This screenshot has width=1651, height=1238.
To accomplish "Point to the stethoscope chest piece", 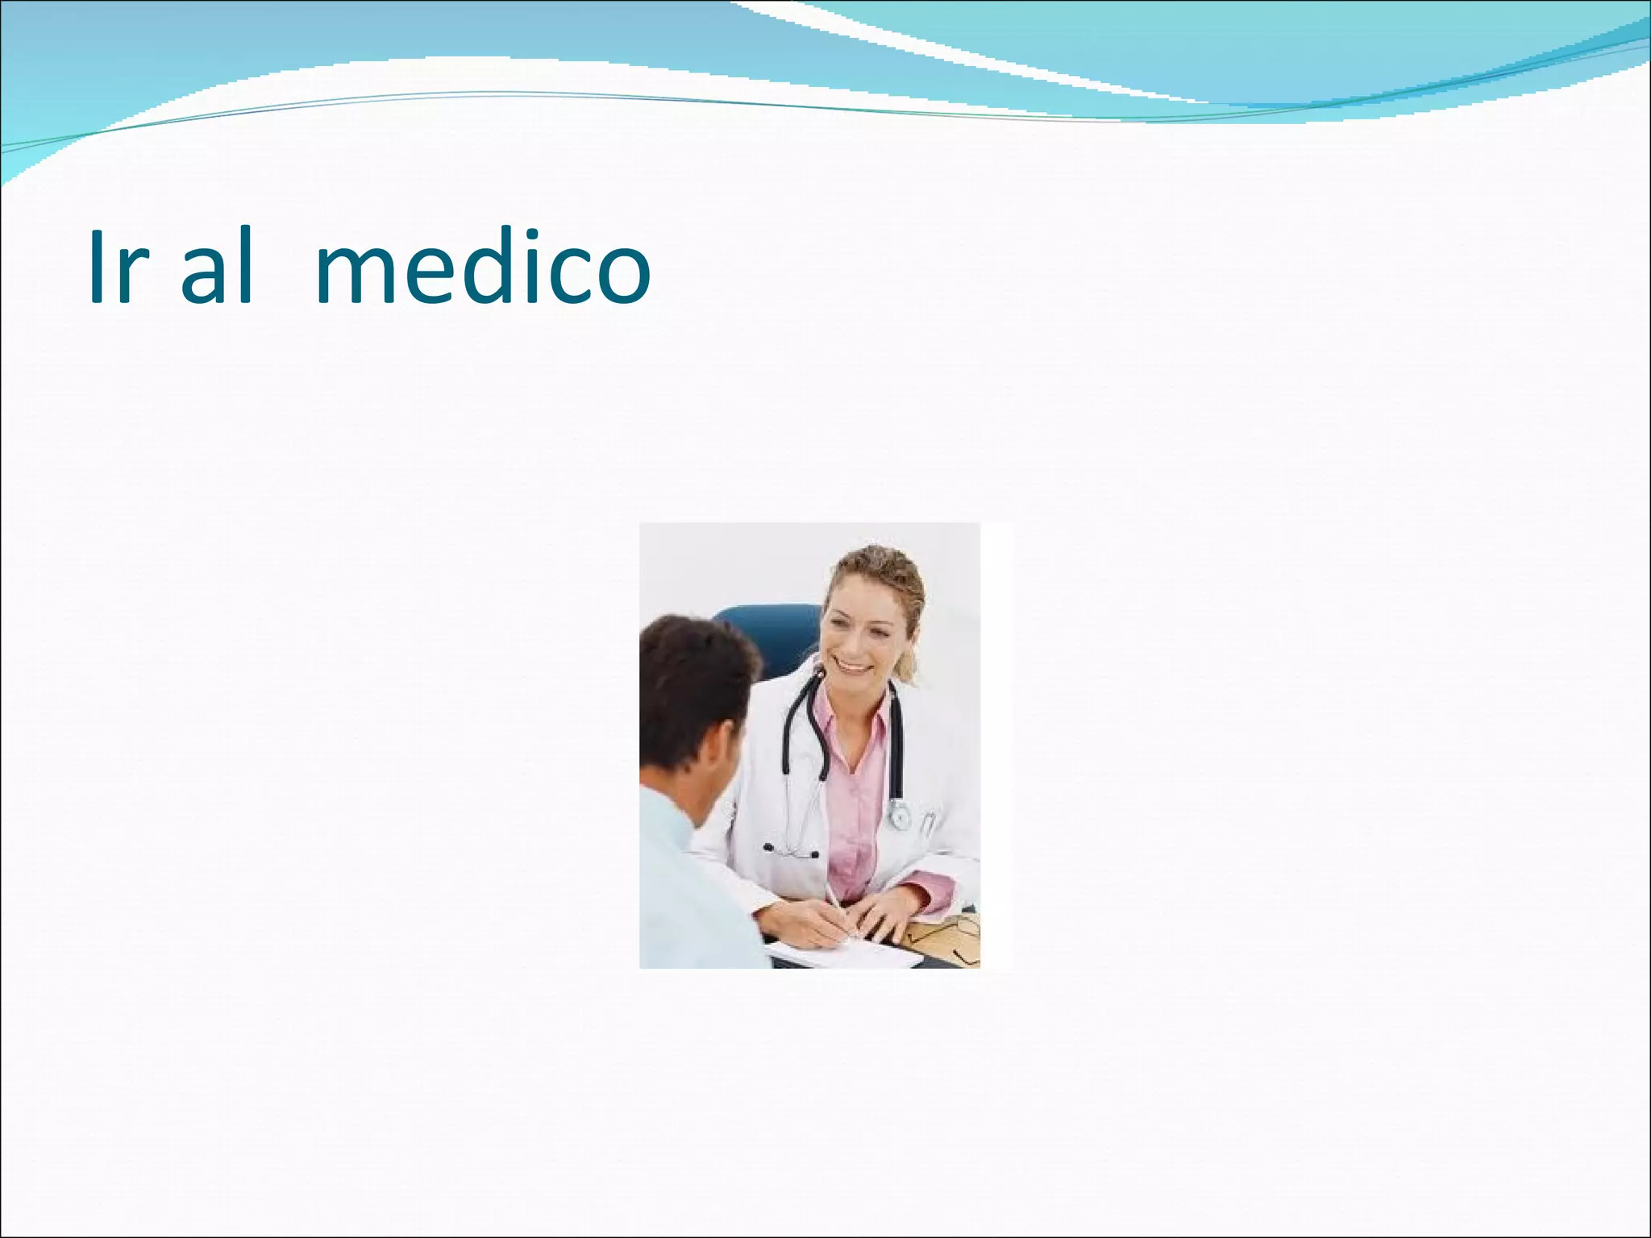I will pyautogui.click(x=898, y=816).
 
